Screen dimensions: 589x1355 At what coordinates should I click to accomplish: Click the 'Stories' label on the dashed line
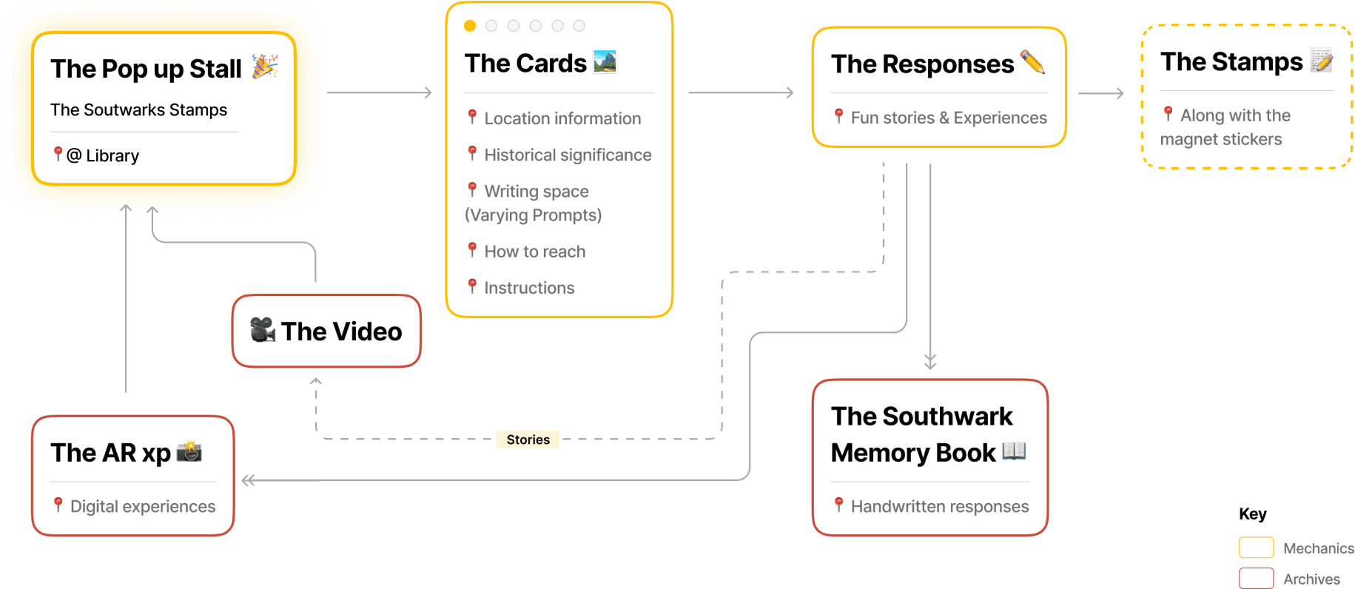pyautogui.click(x=528, y=440)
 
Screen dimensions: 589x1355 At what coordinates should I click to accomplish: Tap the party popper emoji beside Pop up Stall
pyautogui.click(x=264, y=67)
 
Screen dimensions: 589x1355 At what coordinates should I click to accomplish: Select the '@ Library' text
pyautogui.click(x=102, y=155)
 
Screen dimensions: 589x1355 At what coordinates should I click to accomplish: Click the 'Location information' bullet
pyautogui.click(x=562, y=118)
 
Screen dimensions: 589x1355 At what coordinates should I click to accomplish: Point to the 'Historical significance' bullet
pyautogui.click(x=567, y=155)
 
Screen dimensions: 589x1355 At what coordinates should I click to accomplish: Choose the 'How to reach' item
pyautogui.click(x=534, y=252)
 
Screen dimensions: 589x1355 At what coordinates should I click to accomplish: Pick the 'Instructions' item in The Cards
pyautogui.click(x=528, y=288)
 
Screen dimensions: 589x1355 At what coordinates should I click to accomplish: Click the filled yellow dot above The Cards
pyautogui.click(x=469, y=26)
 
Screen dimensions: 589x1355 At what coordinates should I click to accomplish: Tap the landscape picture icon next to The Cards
pyautogui.click(x=605, y=61)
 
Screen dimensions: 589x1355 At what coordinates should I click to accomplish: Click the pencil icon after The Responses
pyautogui.click(x=1032, y=62)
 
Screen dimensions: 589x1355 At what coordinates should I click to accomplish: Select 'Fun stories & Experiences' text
pyautogui.click(x=948, y=118)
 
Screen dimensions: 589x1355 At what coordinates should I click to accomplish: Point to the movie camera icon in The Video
pyautogui.click(x=262, y=330)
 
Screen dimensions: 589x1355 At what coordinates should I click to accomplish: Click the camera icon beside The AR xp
pyautogui.click(x=189, y=451)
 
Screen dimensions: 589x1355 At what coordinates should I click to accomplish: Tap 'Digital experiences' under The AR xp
pyautogui.click(x=142, y=506)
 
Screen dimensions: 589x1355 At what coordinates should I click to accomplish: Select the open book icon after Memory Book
pyautogui.click(x=1014, y=451)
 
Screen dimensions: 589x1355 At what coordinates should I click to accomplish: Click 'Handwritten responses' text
pyautogui.click(x=939, y=506)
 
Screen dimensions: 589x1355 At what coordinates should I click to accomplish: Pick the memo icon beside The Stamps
pyautogui.click(x=1321, y=60)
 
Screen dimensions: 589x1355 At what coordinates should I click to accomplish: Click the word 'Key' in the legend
pyautogui.click(x=1252, y=514)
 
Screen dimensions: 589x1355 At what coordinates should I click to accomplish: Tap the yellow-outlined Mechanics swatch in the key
pyautogui.click(x=1256, y=548)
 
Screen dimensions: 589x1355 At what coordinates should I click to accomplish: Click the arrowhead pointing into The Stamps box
pyautogui.click(x=1120, y=93)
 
